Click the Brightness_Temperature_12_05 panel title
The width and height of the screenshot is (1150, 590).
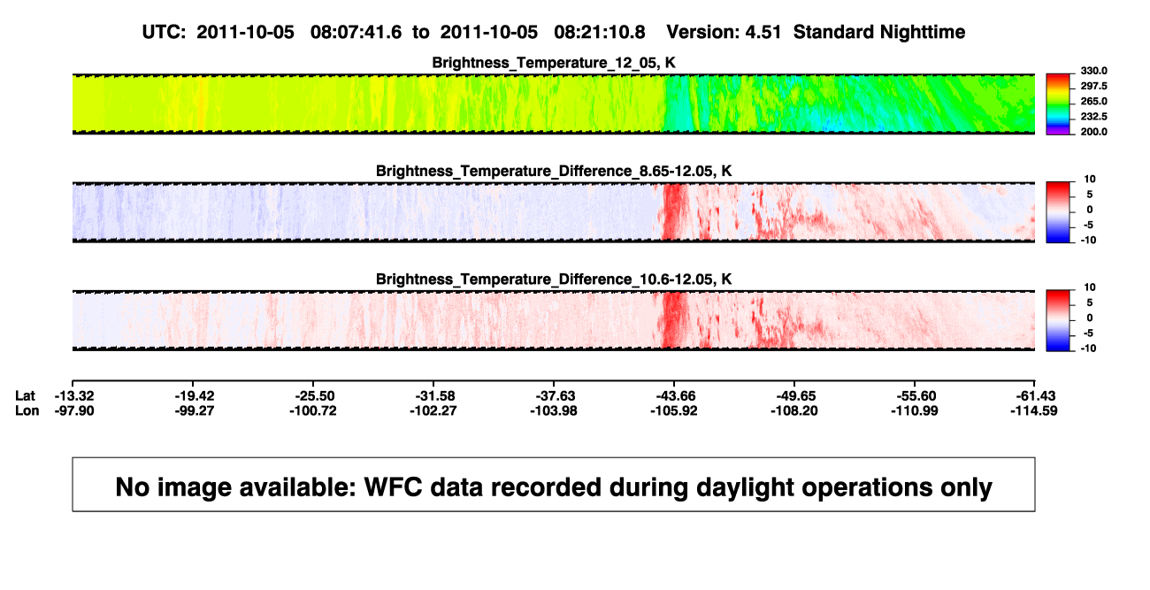pyautogui.click(x=554, y=63)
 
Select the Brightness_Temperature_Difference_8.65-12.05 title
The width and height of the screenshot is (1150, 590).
pyautogui.click(x=554, y=171)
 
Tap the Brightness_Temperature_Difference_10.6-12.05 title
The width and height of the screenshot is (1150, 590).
pyautogui.click(x=554, y=280)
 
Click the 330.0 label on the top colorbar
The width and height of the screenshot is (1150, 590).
pyautogui.click(x=1093, y=71)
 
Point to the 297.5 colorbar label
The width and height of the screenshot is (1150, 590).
pyautogui.click(x=1093, y=86)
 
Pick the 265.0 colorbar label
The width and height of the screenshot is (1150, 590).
pyautogui.click(x=1093, y=101)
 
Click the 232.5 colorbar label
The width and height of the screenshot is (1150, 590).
pyautogui.click(x=1093, y=117)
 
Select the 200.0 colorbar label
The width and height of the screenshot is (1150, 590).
pyautogui.click(x=1093, y=132)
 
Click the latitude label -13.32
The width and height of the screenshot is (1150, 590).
pyautogui.click(x=74, y=396)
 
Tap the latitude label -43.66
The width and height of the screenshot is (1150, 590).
pyautogui.click(x=674, y=396)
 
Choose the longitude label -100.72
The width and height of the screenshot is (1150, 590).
pyautogui.click(x=312, y=410)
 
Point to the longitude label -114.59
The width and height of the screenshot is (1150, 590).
pyautogui.click(x=1034, y=410)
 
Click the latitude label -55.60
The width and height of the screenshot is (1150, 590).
pyautogui.click(x=915, y=396)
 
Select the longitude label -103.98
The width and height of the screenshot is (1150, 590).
pyautogui.click(x=554, y=410)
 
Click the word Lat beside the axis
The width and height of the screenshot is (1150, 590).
pyautogui.click(x=25, y=396)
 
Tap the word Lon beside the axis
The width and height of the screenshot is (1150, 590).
pyautogui.click(x=27, y=410)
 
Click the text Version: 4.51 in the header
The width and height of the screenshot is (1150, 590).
pyautogui.click(x=724, y=32)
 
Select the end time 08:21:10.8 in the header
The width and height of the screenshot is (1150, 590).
pyautogui.click(x=600, y=32)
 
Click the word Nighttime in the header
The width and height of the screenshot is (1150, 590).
pyautogui.click(x=922, y=33)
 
